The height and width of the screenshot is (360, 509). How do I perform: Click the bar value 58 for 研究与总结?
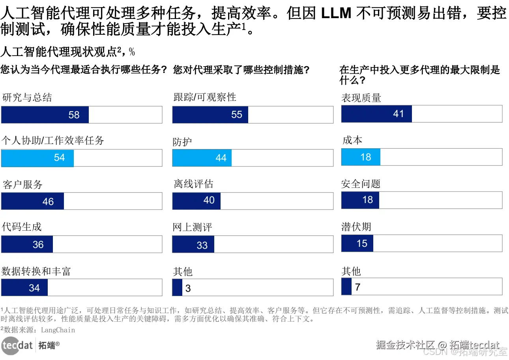[x=74, y=115]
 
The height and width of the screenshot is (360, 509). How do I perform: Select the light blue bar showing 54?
[x=37, y=158]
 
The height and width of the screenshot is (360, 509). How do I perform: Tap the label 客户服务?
[x=22, y=185]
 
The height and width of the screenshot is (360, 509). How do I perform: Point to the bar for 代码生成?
[x=27, y=244]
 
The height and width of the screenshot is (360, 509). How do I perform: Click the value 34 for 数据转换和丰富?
[x=34, y=288]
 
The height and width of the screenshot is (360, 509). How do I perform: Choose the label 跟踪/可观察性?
[x=205, y=97]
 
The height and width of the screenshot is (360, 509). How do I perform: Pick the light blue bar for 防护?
[x=202, y=158]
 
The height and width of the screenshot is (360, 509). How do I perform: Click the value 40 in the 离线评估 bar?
[x=209, y=200]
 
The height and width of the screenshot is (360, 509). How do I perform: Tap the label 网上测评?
[x=193, y=228]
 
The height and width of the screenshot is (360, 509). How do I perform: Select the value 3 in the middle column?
[x=188, y=288]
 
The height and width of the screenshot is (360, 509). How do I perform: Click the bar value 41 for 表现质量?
[x=399, y=114]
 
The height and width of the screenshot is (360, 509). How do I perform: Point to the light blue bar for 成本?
[x=361, y=157]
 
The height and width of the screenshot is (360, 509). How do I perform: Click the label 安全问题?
[x=361, y=184]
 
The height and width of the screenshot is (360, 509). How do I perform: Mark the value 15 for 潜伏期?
[x=362, y=244]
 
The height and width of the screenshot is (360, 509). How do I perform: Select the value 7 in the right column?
[x=357, y=287]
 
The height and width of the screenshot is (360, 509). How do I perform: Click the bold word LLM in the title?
[x=336, y=14]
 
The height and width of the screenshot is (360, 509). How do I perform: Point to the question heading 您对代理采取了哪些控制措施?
[x=241, y=70]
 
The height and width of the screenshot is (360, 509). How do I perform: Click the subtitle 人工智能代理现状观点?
[x=58, y=52]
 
